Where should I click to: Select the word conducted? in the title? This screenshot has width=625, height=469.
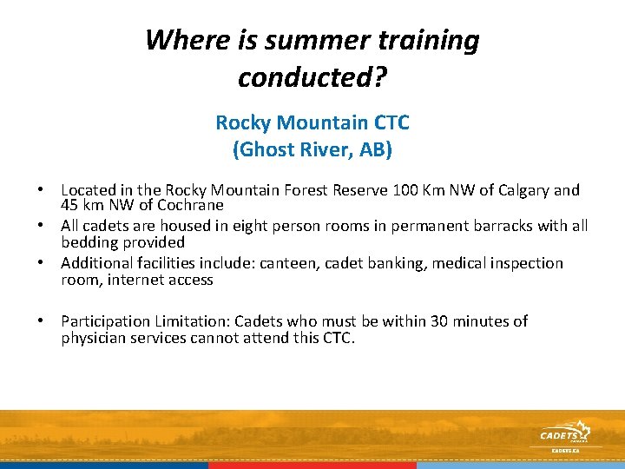[312, 77]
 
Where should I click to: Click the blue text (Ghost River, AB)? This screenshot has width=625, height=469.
[312, 149]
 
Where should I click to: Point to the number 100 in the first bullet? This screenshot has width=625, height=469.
[406, 190]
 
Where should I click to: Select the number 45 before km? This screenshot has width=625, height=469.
[70, 205]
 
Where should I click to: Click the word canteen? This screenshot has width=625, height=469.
[271, 263]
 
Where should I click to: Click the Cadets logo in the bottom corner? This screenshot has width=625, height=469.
[564, 434]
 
